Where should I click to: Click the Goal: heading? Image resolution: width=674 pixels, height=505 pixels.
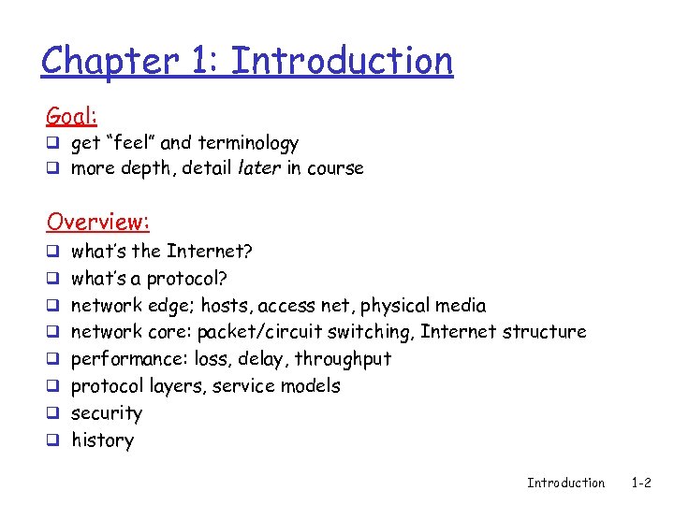(x=72, y=116)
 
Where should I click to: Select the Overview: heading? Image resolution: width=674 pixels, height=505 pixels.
(x=98, y=222)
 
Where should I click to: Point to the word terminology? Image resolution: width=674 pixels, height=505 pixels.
(x=247, y=143)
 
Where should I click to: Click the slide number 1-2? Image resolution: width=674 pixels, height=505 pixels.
(x=641, y=483)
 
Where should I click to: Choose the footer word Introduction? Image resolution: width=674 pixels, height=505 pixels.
(x=565, y=483)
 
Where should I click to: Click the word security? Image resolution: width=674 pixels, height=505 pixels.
(x=107, y=413)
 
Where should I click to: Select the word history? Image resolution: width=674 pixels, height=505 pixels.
(x=103, y=440)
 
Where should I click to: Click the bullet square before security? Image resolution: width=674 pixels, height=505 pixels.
(x=52, y=413)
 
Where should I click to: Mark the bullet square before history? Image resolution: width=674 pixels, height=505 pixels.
(x=52, y=440)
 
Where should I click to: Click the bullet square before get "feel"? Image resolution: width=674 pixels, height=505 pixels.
(x=52, y=143)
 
